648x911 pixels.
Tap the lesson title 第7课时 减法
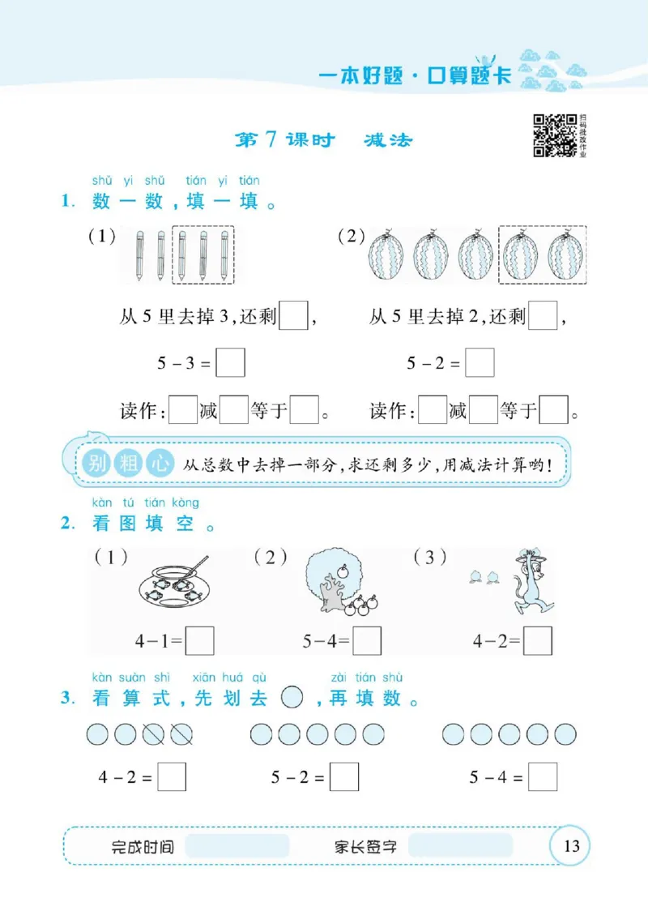323,140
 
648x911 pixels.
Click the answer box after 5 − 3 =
231,363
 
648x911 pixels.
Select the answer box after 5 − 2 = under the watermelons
480,363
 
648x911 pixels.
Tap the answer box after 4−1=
200,640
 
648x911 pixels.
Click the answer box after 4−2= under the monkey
538,640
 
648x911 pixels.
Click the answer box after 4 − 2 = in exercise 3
172,777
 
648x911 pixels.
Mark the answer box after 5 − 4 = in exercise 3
543,777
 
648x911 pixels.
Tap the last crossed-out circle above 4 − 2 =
181,734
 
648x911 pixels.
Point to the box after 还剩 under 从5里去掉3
293,315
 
